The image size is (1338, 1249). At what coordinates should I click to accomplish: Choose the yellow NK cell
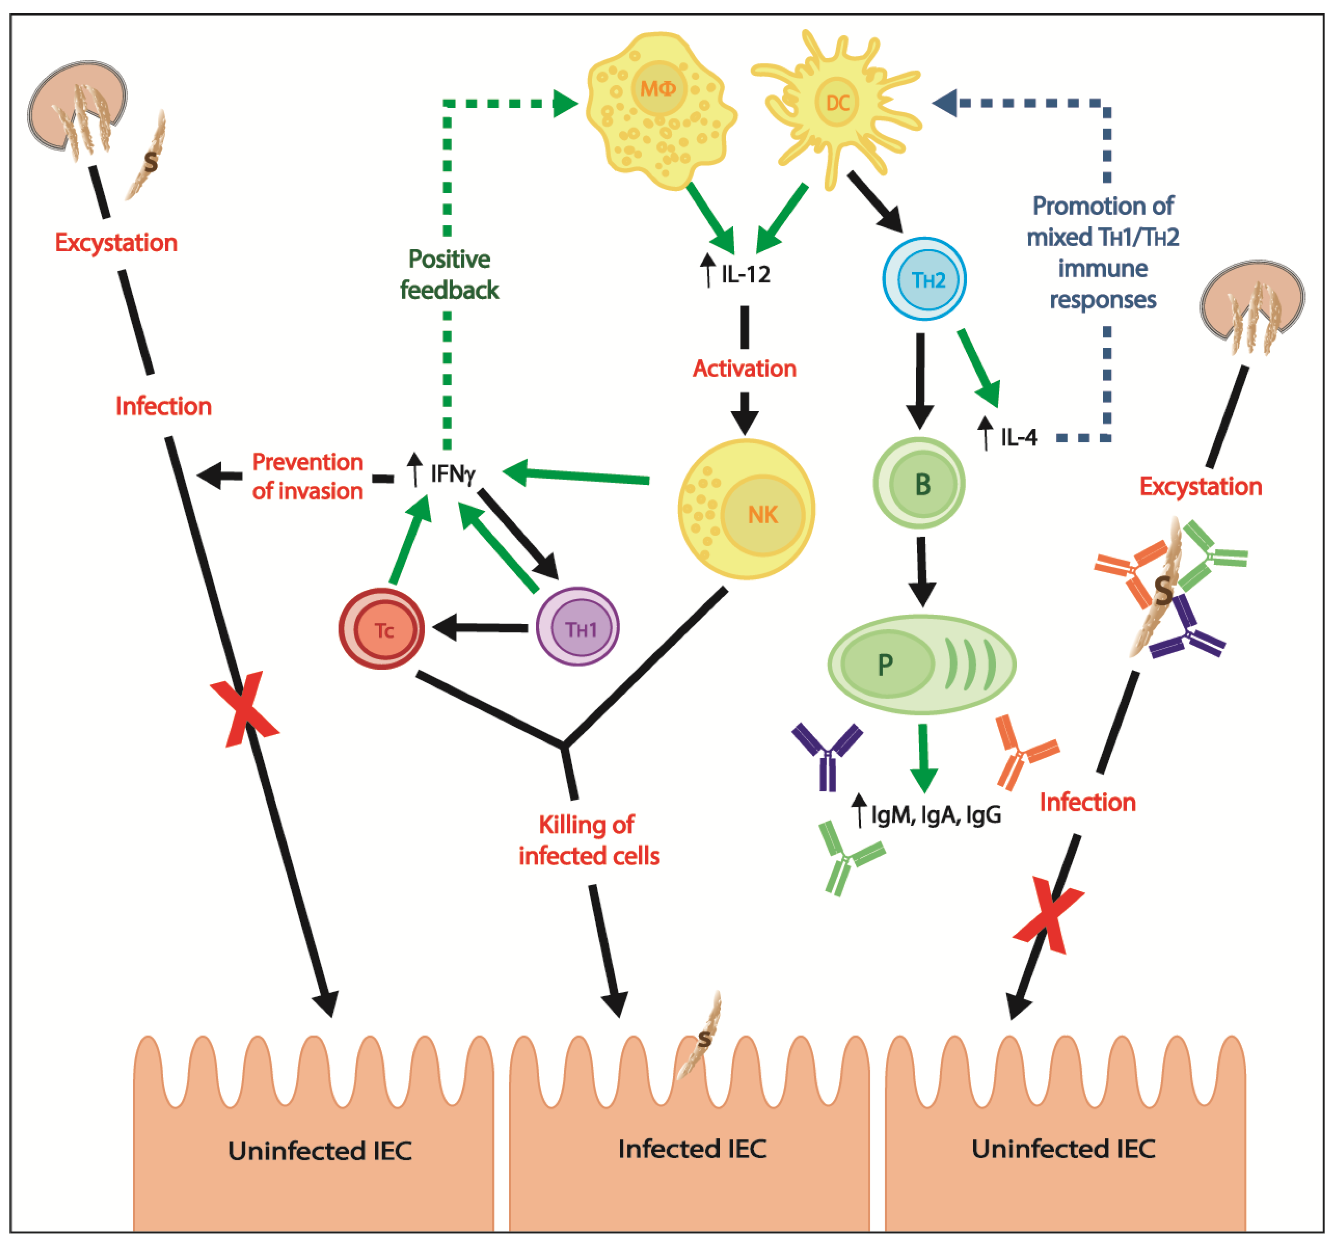(746, 509)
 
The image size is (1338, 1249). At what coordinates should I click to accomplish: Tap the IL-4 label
(1018, 437)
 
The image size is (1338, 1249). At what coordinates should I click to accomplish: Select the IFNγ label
(452, 473)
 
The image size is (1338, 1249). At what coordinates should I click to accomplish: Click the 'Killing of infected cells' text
(588, 840)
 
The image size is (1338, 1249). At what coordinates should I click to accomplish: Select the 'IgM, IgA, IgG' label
(936, 815)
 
